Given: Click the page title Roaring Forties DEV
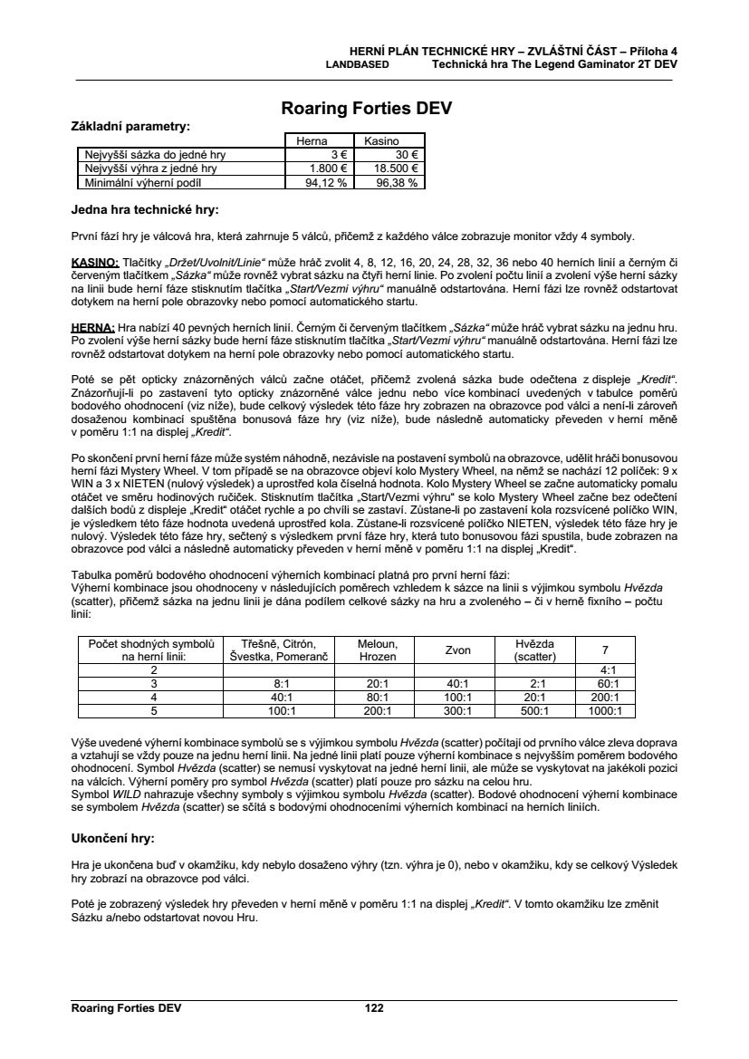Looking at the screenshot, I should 367,110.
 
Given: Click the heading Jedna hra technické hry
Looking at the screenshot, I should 145,210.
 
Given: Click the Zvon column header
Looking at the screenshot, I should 458,650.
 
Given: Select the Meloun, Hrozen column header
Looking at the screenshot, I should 371,649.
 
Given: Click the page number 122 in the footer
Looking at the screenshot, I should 374,1007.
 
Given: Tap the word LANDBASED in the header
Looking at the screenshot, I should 358,65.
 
